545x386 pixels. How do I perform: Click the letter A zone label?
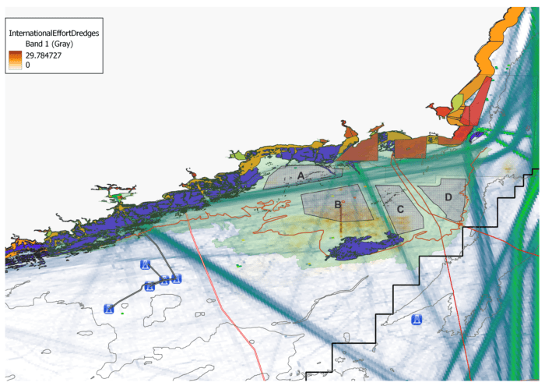click(x=301, y=177)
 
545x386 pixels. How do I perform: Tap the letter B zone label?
click(x=337, y=205)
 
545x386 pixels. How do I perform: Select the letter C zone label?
click(x=399, y=209)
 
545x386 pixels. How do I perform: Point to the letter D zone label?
click(x=448, y=197)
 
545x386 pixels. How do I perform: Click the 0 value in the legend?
click(x=28, y=66)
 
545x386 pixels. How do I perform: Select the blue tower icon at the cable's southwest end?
click(x=109, y=308)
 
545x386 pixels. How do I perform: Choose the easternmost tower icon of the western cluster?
click(x=177, y=279)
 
